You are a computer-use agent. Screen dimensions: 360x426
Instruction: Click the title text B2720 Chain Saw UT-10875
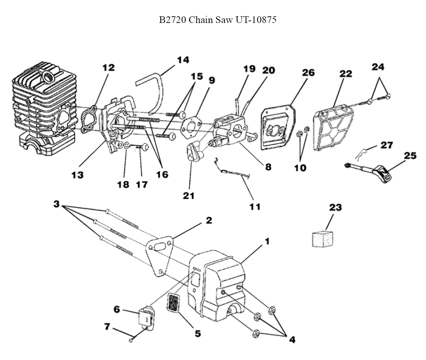[218, 20]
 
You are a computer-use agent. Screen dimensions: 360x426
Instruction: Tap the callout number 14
[183, 60]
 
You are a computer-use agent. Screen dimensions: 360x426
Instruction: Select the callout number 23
[335, 208]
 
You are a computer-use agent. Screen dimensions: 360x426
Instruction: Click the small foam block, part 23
[322, 238]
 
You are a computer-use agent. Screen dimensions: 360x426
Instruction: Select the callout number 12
[108, 67]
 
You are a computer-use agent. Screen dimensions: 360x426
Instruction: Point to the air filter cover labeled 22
[334, 127]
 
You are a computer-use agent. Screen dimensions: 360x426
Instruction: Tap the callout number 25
[410, 156]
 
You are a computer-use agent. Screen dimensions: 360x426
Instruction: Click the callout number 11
[255, 207]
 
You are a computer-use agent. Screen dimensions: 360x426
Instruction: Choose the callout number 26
[308, 72]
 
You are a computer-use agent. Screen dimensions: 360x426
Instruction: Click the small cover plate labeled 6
[145, 317]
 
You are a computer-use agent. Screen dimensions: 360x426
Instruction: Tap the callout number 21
[188, 196]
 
